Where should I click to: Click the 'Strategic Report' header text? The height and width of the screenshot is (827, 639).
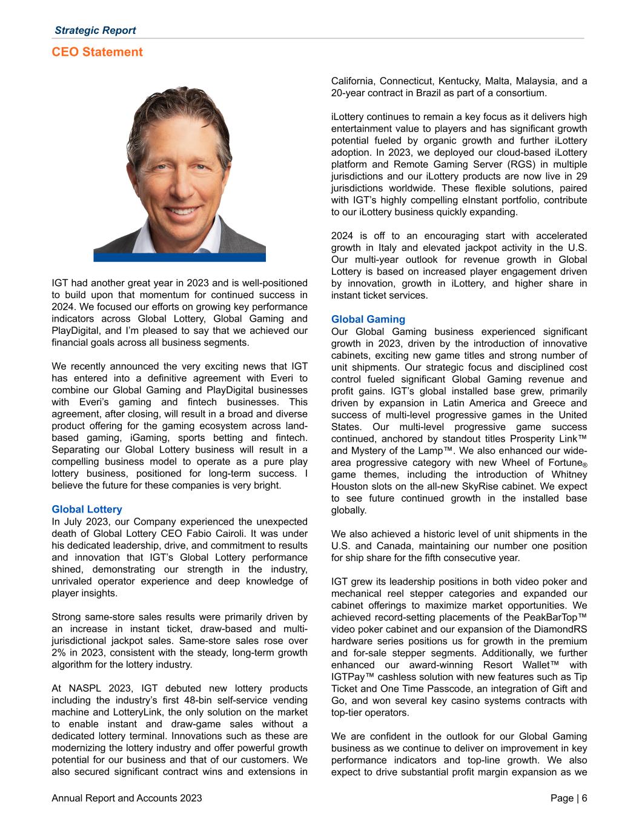pos(95,30)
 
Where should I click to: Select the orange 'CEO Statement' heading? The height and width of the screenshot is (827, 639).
pos(98,52)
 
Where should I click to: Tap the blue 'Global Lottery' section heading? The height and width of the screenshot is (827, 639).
pos(87,510)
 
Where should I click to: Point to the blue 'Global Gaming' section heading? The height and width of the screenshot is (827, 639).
pos(368,319)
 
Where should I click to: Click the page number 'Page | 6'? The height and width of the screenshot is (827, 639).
pos(569,799)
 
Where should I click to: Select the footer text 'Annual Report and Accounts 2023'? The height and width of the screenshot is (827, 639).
pos(127,799)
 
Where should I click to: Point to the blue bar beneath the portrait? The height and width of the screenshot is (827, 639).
pos(179,257)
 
